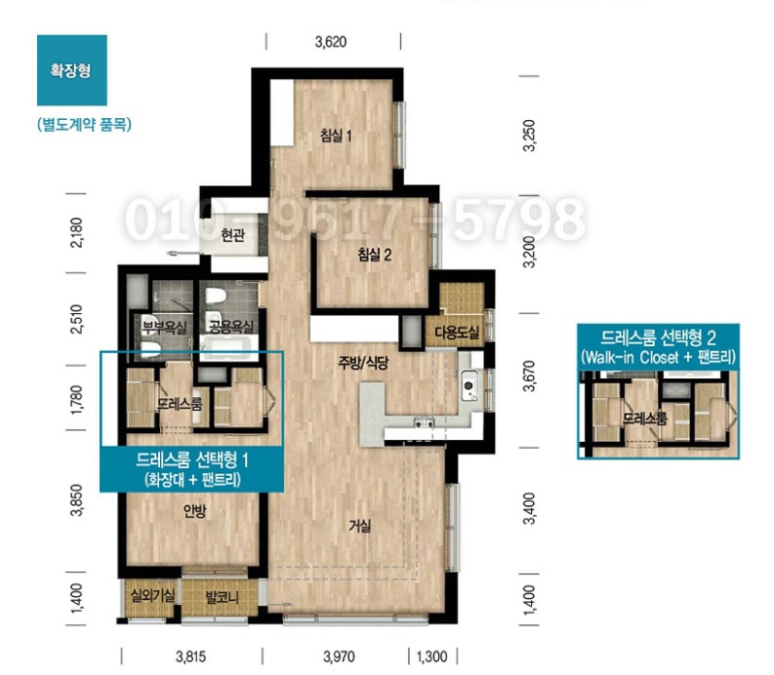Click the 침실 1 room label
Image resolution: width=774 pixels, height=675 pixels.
[x=336, y=135]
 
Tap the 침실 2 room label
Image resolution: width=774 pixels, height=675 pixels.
[x=375, y=255]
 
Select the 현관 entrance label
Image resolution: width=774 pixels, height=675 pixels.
[x=233, y=235]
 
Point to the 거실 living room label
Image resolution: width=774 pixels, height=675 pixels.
[x=360, y=526]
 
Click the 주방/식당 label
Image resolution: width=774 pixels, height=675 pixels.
[x=363, y=363]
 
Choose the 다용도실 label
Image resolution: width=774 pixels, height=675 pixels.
[x=457, y=332]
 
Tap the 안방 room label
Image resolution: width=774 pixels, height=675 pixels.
[x=194, y=511]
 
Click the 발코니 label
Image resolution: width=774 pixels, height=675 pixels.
[x=223, y=598]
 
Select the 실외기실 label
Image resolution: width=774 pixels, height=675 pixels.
[x=152, y=596]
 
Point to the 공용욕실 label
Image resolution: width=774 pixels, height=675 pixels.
[x=231, y=326]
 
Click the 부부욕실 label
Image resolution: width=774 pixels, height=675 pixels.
[x=164, y=327]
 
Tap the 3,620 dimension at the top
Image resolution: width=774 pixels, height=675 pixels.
[x=331, y=42]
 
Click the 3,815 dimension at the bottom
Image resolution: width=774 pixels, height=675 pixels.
[x=191, y=656]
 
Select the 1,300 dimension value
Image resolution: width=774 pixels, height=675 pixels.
[x=432, y=656]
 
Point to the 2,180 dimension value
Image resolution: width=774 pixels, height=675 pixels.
[x=77, y=232]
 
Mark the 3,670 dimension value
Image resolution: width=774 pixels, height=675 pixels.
[x=529, y=376]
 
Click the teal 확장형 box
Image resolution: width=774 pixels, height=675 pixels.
[x=72, y=70]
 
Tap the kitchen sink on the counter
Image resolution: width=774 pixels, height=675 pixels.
[x=469, y=385]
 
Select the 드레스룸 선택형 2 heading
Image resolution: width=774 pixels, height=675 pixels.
[x=659, y=337]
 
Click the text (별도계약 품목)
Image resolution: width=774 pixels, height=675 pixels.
[x=84, y=124]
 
